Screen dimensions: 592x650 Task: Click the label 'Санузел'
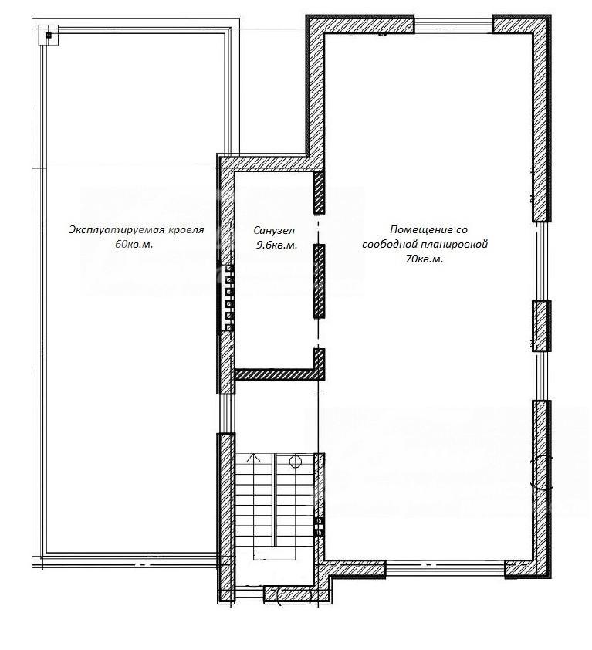click(274, 230)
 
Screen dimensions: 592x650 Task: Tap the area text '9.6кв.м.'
click(277, 245)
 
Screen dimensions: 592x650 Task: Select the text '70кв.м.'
click(425, 259)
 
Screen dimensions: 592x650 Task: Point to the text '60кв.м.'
click(134, 245)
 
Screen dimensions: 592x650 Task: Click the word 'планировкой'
click(455, 245)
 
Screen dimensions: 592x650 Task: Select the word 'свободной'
click(390, 245)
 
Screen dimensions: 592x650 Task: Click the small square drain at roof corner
click(49, 36)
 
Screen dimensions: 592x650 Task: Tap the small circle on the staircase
click(295, 461)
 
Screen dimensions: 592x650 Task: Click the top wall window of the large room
click(454, 24)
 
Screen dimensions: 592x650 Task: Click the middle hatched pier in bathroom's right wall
click(319, 281)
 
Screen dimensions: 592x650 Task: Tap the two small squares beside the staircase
click(319, 526)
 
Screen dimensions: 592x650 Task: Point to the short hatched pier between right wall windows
click(541, 326)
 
